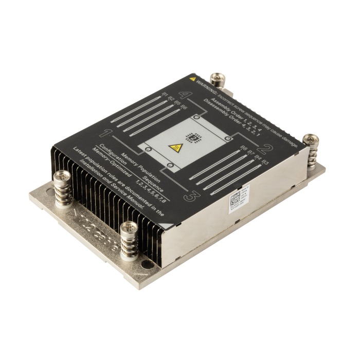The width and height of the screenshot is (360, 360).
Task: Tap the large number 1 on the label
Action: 107,134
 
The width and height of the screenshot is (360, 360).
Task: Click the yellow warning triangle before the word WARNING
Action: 192,80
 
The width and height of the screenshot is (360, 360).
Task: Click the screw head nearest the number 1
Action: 61,177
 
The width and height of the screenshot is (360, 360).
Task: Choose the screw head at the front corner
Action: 127,226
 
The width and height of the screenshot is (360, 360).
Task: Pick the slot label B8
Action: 244,150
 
